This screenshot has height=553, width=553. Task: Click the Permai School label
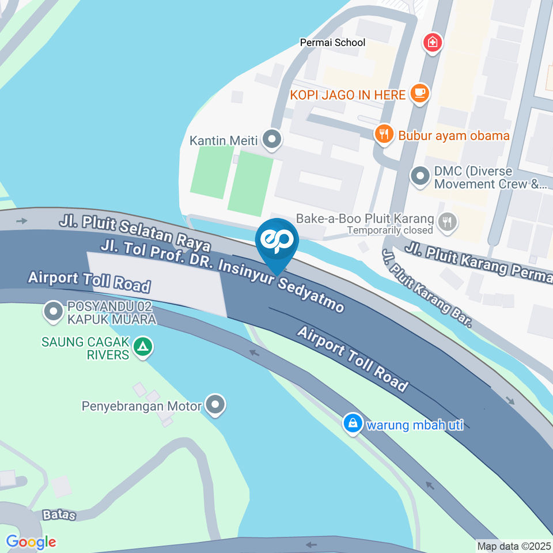pos(332,43)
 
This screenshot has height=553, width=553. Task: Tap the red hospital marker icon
pos(432,42)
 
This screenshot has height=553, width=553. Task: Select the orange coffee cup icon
pos(420,94)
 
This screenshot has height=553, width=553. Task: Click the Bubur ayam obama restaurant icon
pos(383,135)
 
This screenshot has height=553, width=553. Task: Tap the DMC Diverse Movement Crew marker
pos(421,176)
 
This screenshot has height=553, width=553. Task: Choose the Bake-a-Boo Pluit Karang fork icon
pos(447,220)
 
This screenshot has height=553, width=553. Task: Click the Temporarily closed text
pos(389,230)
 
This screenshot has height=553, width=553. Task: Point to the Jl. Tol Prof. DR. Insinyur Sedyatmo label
pos(222,275)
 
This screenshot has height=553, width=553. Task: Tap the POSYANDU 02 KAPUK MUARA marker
pos(54,312)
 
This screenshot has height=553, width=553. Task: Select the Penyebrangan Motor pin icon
pos(216,405)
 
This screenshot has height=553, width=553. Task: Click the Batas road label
pos(59,514)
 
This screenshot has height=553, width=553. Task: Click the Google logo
pos(31,541)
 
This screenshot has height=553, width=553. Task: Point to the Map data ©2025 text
pos(514,546)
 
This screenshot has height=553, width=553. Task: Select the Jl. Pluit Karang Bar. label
pos(426,288)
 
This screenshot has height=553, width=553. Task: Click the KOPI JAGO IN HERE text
pos(347,95)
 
